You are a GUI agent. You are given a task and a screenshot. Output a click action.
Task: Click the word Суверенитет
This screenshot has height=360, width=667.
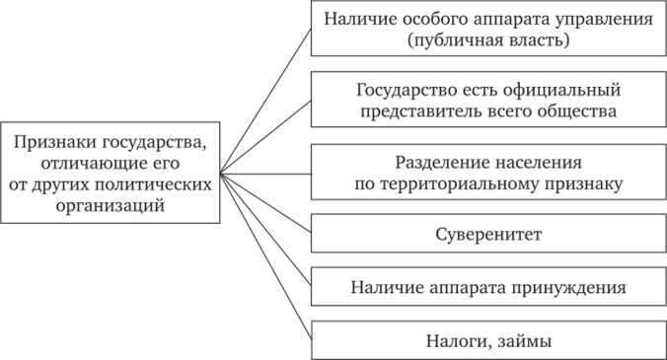pyautogui.click(x=488, y=236)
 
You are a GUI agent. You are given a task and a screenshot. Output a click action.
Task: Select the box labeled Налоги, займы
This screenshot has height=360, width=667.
pyautogui.click(x=488, y=340)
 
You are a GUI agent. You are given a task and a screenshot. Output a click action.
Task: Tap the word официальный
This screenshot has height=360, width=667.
pyautogui.click(x=572, y=91)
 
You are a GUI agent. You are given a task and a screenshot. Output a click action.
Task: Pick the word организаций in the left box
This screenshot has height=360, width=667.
pyautogui.click(x=111, y=206)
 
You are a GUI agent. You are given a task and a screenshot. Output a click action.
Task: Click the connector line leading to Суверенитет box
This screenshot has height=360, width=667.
pyautogui.click(x=266, y=206)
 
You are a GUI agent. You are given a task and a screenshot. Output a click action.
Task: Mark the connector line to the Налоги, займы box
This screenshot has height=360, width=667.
pyautogui.click(x=266, y=255)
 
